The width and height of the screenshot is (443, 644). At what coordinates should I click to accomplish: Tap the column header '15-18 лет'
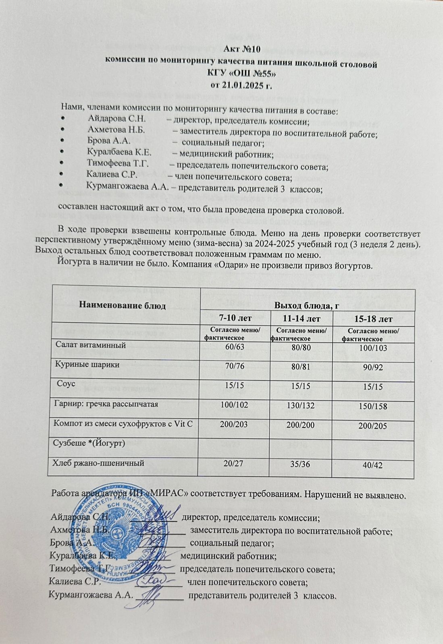373,319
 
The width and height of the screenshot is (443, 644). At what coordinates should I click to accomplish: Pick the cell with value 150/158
373,407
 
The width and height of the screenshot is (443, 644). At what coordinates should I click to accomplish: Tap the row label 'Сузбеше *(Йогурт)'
89,443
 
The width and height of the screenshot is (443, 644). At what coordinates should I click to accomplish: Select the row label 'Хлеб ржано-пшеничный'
99,463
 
